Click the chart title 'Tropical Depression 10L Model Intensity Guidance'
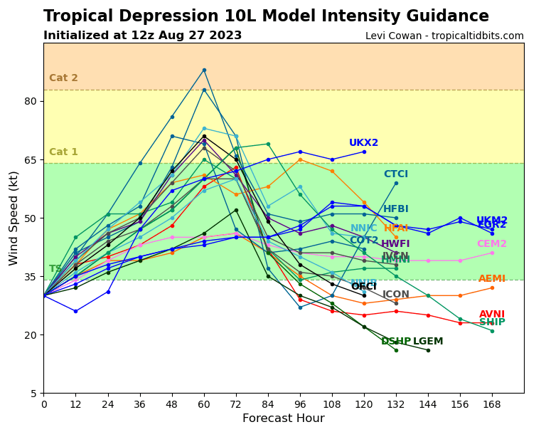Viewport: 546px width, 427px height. click(266, 16)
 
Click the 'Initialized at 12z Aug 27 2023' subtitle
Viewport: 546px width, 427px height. click(142, 36)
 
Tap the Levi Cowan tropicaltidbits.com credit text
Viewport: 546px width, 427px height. click(444, 36)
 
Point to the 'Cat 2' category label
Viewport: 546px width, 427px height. click(63, 78)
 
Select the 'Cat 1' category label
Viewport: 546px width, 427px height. click(63, 152)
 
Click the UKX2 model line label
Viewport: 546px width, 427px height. click(363, 143)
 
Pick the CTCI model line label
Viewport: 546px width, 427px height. click(395, 174)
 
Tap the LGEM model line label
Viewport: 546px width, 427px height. click(428, 342)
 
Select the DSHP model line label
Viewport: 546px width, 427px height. click(396, 342)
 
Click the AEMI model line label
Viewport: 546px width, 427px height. click(492, 279)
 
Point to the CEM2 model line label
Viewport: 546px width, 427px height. click(492, 244)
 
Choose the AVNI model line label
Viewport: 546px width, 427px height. click(492, 315)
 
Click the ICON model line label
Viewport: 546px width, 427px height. click(396, 295)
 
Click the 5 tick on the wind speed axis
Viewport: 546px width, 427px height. click(33, 394)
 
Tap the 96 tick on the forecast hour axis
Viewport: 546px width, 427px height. click(300, 404)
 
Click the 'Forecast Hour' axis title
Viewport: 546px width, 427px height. click(284, 418)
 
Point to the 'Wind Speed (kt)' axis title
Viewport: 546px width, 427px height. click(14, 218)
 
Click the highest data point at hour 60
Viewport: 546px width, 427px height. click(204, 70)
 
